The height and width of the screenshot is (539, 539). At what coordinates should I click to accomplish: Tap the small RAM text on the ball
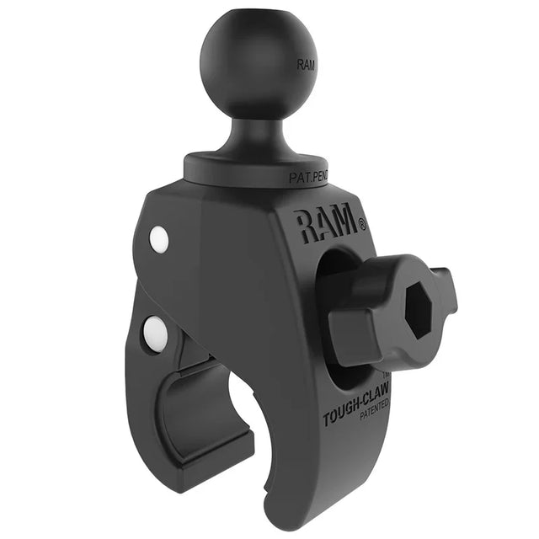click(x=307, y=62)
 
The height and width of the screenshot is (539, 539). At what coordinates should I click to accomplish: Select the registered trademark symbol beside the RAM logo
click(x=362, y=225)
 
